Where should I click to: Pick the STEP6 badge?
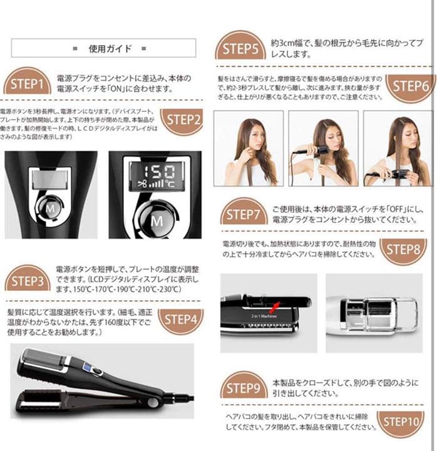(409, 86)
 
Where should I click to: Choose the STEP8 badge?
(406, 249)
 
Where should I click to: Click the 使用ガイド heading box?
(103, 48)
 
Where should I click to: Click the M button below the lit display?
(157, 220)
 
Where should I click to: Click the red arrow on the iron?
(274, 306)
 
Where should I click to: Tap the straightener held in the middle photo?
(314, 150)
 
